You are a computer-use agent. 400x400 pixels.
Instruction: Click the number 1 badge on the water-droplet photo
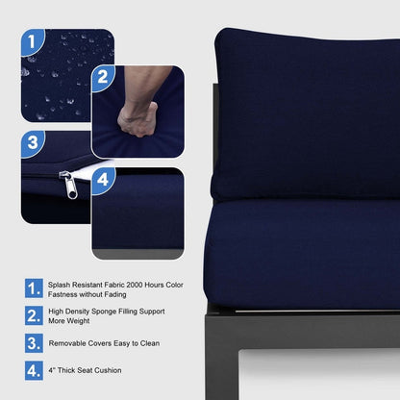click(32, 41)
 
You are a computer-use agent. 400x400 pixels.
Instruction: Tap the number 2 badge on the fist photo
click(103, 78)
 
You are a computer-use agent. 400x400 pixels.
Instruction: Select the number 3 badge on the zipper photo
click(32, 143)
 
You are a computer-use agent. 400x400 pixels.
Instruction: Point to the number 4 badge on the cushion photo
click(103, 180)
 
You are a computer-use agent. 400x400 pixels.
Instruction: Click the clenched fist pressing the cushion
click(137, 119)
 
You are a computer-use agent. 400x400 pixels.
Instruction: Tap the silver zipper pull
click(69, 186)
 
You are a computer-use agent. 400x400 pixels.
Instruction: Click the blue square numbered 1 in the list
click(34, 288)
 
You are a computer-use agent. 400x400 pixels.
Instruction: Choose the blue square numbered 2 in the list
click(34, 315)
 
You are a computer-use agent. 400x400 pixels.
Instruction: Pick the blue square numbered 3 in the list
click(34, 343)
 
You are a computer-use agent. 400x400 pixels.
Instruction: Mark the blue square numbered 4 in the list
click(34, 370)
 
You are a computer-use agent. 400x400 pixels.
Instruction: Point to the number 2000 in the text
click(135, 285)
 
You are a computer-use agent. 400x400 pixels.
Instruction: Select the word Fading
click(114, 294)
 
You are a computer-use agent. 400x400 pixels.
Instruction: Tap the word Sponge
click(105, 312)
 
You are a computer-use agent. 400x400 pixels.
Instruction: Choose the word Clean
click(150, 343)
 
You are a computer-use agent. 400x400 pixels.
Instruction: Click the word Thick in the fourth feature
click(66, 370)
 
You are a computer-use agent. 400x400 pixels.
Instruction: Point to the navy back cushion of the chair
click(307, 115)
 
